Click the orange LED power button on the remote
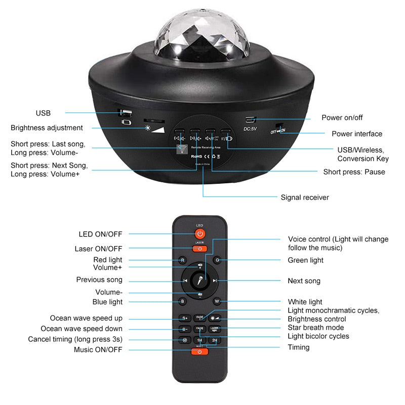(200, 234)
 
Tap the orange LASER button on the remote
(200, 249)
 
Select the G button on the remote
(217, 260)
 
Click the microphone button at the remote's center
(200, 280)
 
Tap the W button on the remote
(217, 301)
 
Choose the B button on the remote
(183, 301)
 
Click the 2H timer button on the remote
(215, 340)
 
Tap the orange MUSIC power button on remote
(200, 351)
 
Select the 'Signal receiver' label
(305, 197)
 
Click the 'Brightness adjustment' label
(47, 128)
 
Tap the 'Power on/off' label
(342, 117)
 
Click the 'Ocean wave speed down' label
(82, 329)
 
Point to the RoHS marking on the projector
(197, 157)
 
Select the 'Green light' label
(305, 260)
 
